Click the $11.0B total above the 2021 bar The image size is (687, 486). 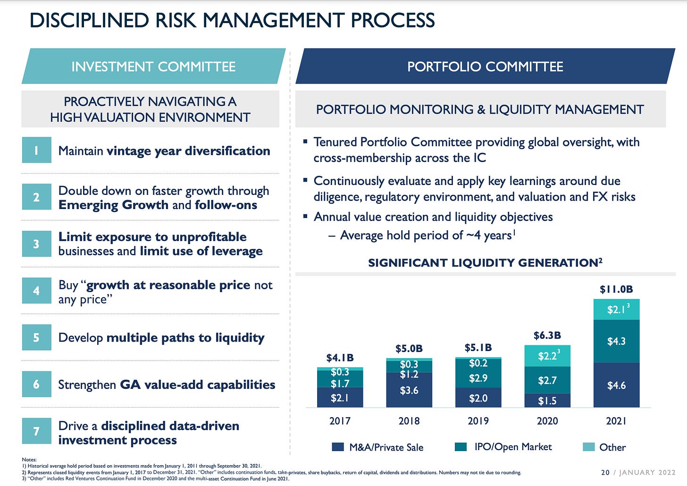(616, 289)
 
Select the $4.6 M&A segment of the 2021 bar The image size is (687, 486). (616, 385)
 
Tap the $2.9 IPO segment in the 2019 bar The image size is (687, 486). (478, 378)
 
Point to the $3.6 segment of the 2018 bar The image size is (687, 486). (409, 390)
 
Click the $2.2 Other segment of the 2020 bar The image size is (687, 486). (547, 356)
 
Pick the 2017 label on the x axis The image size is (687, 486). (340, 421)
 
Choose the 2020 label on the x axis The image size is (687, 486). (547, 421)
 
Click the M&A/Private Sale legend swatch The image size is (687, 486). (338, 447)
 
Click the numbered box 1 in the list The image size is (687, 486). (36, 151)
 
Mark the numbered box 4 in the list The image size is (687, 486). (36, 291)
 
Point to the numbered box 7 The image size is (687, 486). (36, 431)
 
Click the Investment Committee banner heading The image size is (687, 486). (153, 67)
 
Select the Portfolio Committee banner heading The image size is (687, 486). (485, 67)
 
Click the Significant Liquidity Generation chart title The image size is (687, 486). (485, 263)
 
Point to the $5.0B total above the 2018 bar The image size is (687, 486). (409, 349)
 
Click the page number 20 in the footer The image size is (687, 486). (605, 472)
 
